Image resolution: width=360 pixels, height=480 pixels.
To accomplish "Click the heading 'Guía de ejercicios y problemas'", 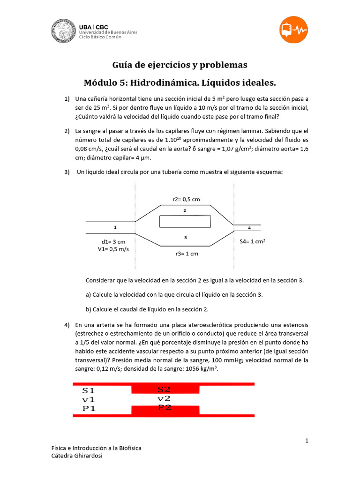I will tap(180, 65).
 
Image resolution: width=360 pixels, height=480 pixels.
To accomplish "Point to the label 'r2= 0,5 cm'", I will tap(186, 199).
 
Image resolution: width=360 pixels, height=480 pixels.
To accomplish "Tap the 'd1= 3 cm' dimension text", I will tap(113, 241).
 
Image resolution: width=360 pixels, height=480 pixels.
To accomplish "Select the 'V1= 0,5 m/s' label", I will tap(113, 249).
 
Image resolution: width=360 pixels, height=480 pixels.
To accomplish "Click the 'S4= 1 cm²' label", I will tap(252, 241).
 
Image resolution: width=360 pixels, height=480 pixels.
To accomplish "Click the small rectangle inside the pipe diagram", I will tap(185, 221).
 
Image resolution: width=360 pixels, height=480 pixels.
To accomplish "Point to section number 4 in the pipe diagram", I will tap(249, 228).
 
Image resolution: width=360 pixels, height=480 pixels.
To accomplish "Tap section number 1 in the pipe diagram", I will tap(115, 227).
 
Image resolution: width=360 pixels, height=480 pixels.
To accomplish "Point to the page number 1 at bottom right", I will tap(307, 441).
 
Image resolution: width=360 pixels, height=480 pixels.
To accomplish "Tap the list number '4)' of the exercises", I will tap(67, 325).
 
